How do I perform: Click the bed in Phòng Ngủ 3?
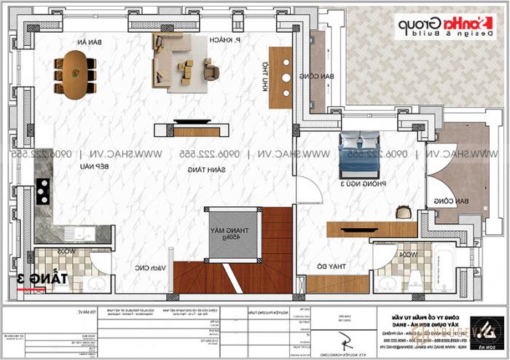tap(358, 152)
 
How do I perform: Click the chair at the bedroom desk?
tap(402, 212)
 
